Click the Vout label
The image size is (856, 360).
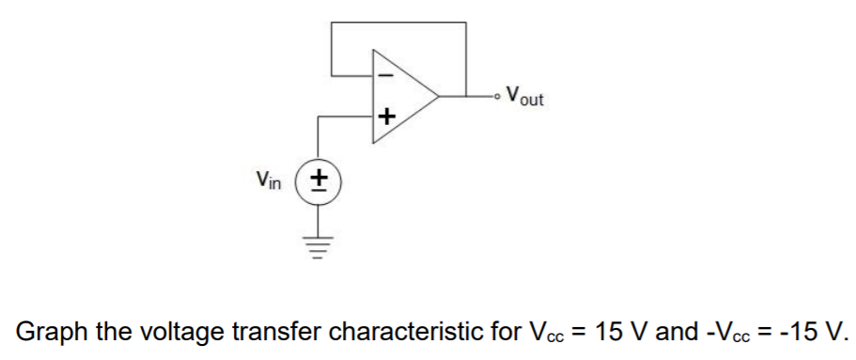click(523, 96)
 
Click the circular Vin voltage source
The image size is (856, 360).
click(320, 178)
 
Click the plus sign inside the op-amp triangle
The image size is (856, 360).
click(386, 117)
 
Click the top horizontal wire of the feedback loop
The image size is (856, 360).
click(398, 23)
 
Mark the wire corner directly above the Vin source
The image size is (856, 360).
click(320, 117)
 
